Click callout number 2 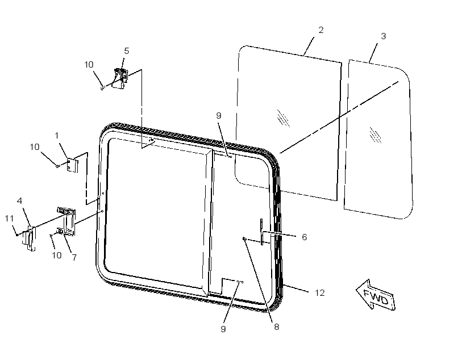point(321,30)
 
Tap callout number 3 point(384,36)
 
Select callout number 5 point(127,51)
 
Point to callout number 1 point(56,136)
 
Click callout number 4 point(20,201)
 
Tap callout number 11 point(10,219)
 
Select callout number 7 point(74,258)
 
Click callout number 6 point(304,237)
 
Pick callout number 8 point(276,327)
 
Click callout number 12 point(320,293)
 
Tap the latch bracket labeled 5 point(120,78)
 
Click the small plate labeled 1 point(72,165)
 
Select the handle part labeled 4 point(29,238)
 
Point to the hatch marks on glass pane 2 point(283,118)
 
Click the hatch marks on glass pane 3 point(375,135)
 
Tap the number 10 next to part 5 point(89,65)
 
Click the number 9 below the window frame point(223,329)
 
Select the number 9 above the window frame point(219,116)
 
